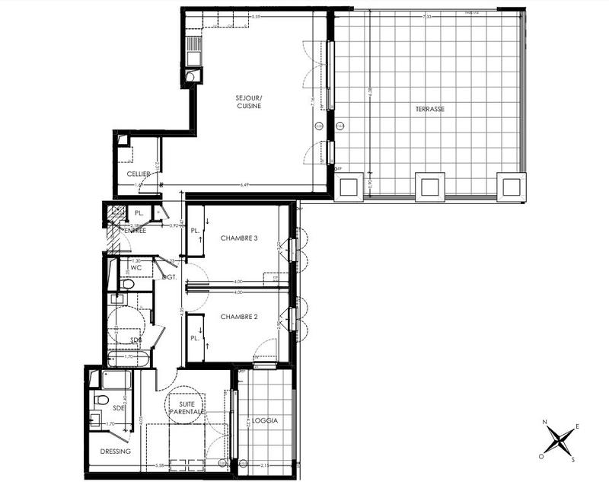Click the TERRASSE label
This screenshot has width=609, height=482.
click(430, 110)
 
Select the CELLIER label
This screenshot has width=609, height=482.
click(137, 174)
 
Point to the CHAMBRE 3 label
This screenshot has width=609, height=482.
click(239, 238)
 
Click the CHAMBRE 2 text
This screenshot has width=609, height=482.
click(239, 316)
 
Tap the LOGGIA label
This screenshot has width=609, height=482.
click(264, 421)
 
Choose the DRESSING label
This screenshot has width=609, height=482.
click(115, 452)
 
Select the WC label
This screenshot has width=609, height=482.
click(136, 267)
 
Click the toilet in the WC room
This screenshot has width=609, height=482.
click(127, 284)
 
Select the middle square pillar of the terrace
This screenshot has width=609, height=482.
click(429, 187)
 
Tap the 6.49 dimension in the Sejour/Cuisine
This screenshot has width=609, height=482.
click(245, 184)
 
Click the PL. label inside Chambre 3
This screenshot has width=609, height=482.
click(195, 230)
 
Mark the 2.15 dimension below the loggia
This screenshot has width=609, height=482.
click(265, 465)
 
